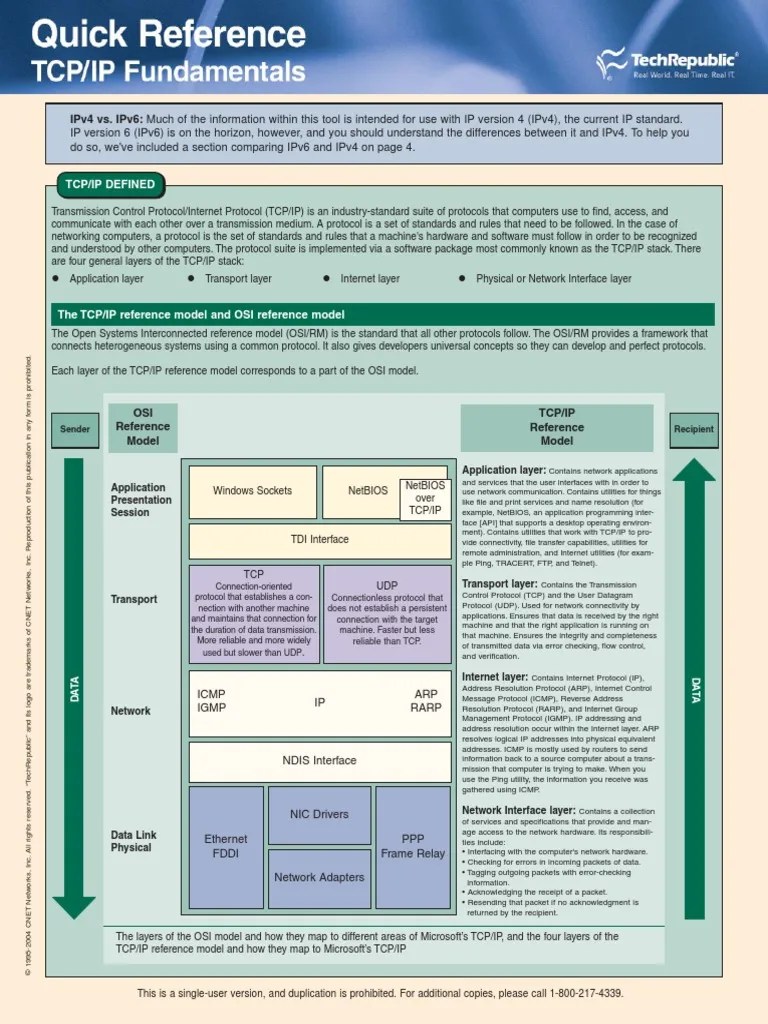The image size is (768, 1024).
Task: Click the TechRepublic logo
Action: point(667,65)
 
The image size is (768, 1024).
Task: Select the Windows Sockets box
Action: point(252,491)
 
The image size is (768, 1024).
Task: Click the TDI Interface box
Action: point(320,540)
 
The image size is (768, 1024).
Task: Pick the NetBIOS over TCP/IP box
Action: point(424,498)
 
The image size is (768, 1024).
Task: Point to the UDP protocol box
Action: point(386,613)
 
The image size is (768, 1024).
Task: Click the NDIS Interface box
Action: point(320,761)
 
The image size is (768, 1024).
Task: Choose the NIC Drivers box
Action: point(319,814)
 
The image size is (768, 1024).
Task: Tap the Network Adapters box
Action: point(319,878)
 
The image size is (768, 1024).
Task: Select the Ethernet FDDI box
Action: point(225,847)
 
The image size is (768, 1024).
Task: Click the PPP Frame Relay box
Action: point(413,847)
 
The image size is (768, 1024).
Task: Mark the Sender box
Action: point(75,430)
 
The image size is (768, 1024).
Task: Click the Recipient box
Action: point(694,430)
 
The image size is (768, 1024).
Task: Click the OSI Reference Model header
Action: point(143,426)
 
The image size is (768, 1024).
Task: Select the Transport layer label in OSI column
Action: point(134,599)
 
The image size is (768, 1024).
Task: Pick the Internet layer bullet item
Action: point(369,279)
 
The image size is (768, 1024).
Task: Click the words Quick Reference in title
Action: point(168,36)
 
